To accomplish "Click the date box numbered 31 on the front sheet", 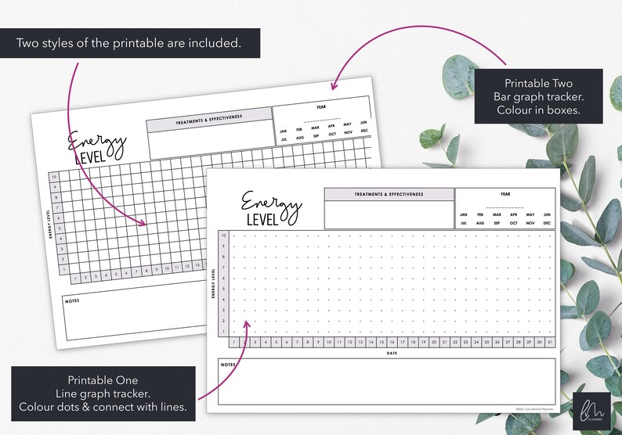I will point(550,342).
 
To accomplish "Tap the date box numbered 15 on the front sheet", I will point(382,342).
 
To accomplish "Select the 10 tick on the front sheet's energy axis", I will point(223,235).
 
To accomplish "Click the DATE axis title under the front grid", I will point(392,353).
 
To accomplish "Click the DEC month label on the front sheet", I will point(546,223).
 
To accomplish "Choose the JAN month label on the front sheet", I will point(464,214).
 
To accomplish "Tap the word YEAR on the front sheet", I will point(505,195).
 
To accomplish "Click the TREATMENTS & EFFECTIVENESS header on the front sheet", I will point(389,194).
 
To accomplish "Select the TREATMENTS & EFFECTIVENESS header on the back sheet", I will point(208,117).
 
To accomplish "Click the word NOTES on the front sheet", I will point(228,365).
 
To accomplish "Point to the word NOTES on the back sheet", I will point(74,300).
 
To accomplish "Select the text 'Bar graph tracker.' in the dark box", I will point(538,96).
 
